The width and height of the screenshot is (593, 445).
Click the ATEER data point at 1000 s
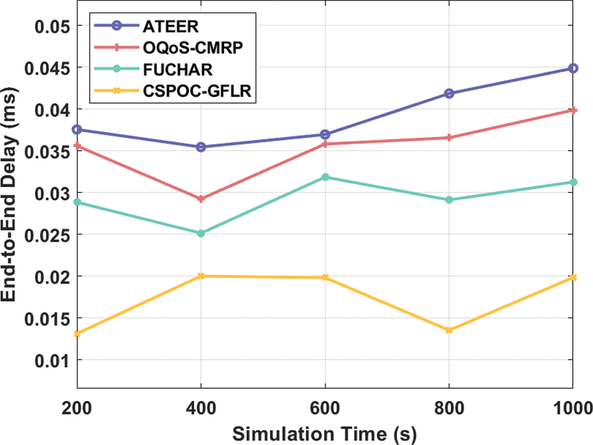(573, 69)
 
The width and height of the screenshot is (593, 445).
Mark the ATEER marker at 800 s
(449, 94)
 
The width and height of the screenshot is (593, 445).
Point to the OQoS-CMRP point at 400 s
(201, 199)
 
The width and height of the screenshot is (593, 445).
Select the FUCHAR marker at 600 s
(325, 177)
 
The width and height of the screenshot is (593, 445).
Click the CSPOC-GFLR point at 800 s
(449, 330)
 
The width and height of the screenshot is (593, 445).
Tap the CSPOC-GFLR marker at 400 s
(201, 276)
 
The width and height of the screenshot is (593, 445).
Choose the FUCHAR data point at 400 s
(201, 234)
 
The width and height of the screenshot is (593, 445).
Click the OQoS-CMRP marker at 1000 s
(573, 110)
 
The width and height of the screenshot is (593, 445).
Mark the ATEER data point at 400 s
(201, 147)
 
